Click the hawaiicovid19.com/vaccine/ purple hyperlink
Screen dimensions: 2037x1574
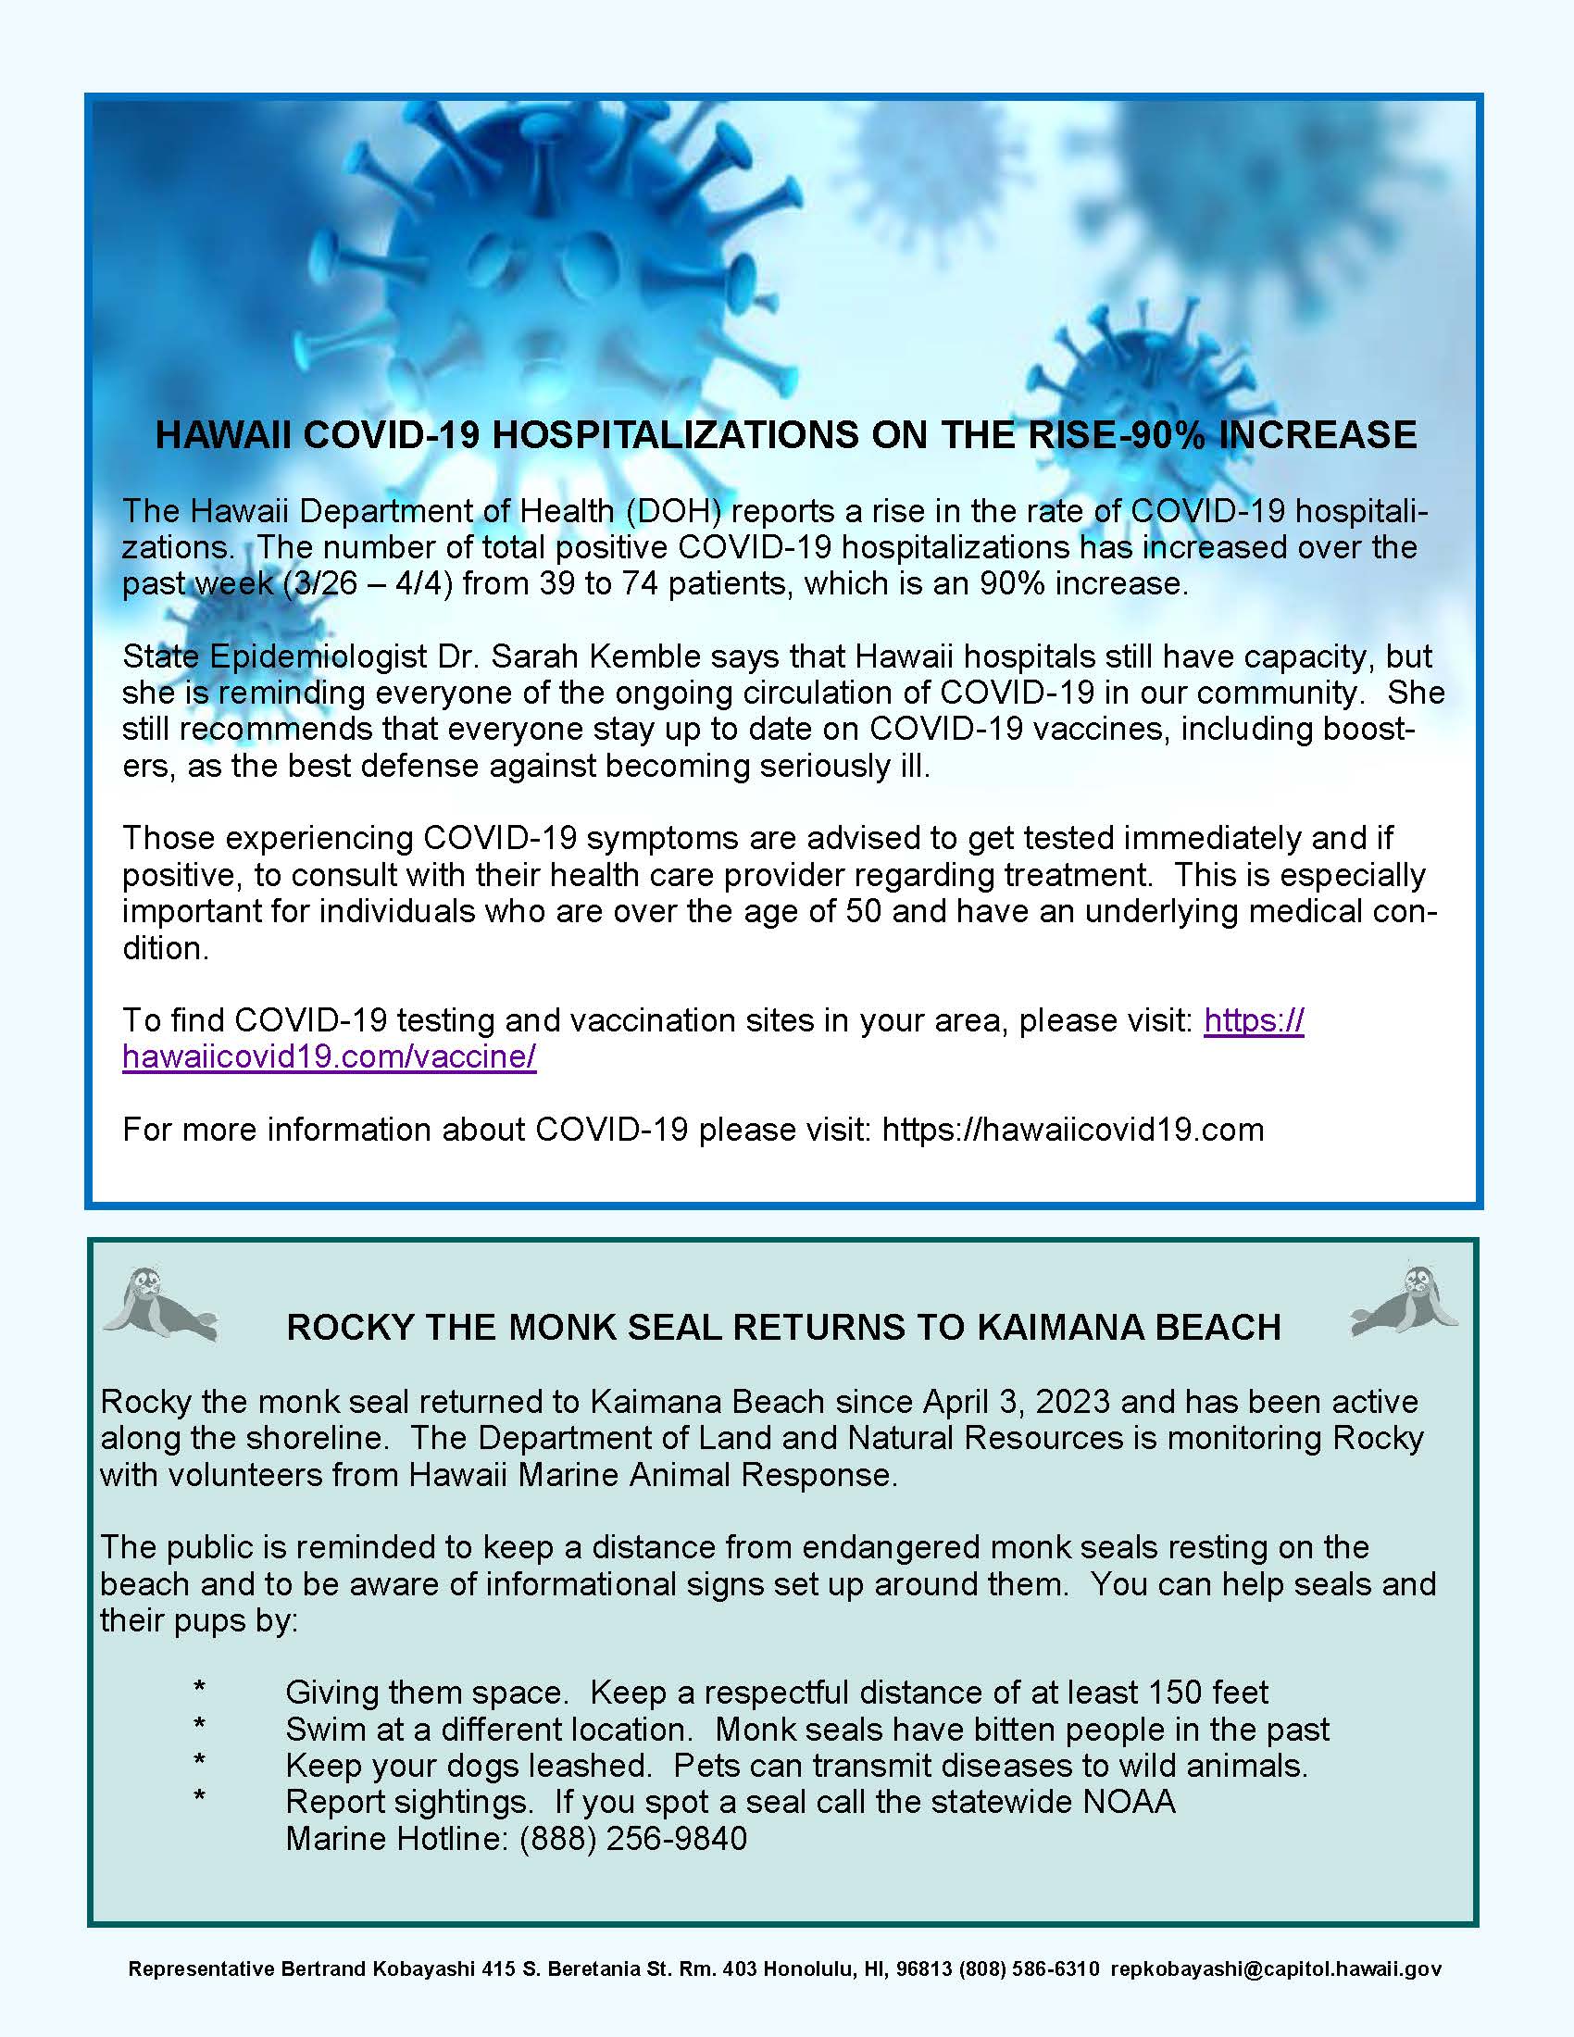click(x=330, y=1056)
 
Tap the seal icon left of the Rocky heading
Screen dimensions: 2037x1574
click(x=158, y=1304)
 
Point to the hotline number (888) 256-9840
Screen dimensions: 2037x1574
click(x=633, y=1838)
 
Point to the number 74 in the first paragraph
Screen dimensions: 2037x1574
click(x=642, y=584)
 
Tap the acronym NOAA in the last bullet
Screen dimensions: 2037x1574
click(x=1129, y=1801)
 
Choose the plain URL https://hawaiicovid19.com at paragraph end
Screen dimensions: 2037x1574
click(x=1072, y=1130)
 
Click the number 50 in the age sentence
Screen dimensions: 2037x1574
click(x=864, y=911)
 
